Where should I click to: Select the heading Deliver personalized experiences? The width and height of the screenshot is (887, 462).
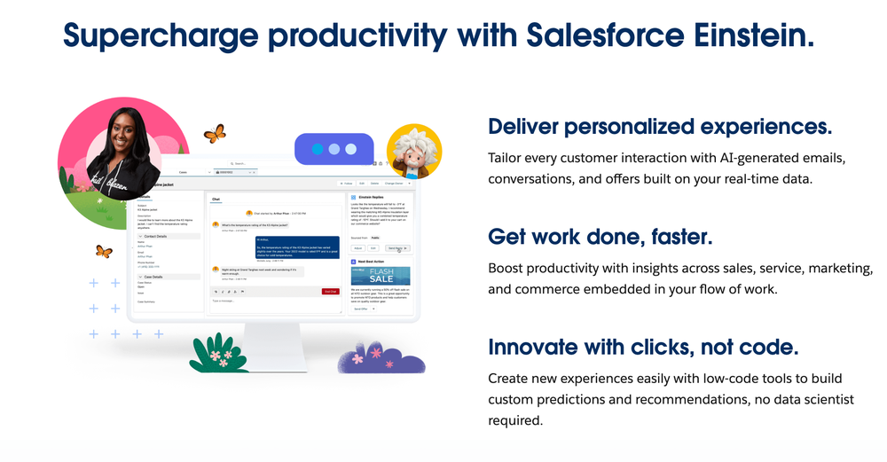(660, 126)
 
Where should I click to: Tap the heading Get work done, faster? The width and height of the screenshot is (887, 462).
(600, 237)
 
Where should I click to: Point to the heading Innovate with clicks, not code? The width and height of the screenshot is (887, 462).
(643, 346)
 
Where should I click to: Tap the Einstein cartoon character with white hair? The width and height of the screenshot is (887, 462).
(413, 152)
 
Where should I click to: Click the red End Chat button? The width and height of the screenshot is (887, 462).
(330, 291)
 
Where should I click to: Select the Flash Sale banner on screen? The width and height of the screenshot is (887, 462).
(380, 276)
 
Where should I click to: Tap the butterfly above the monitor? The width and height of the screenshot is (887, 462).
(215, 134)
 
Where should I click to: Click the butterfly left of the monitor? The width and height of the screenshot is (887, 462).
(104, 252)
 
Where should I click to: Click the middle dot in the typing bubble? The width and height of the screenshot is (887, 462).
(333, 150)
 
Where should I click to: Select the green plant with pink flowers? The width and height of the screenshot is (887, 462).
(218, 352)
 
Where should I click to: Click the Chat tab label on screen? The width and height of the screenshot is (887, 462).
(216, 200)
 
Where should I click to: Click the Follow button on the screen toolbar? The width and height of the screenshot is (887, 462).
(348, 184)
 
